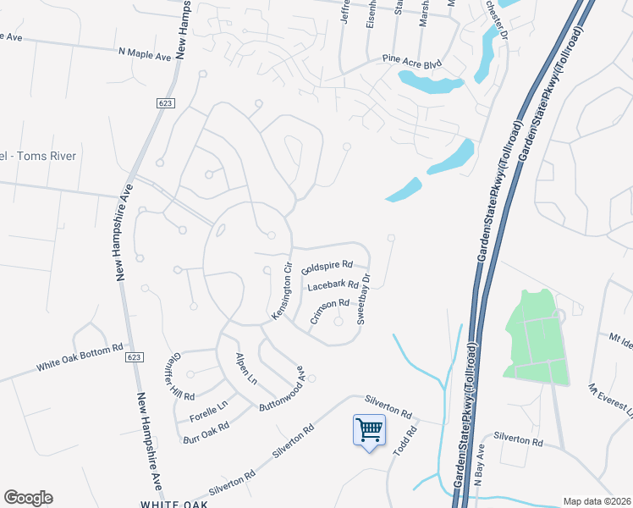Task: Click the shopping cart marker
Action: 369,430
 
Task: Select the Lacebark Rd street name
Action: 333,287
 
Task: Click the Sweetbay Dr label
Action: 364,298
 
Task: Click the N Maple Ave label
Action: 145,52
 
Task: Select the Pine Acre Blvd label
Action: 412,62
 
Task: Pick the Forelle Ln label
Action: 209,412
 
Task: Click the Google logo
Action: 28,498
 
